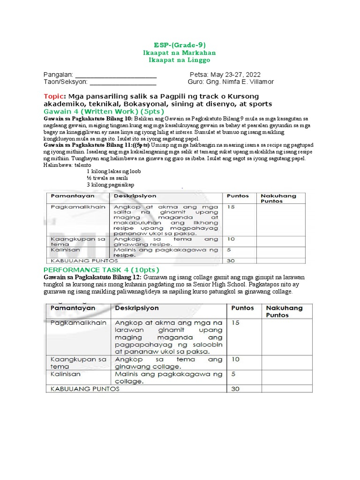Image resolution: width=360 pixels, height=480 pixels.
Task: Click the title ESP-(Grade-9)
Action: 180,45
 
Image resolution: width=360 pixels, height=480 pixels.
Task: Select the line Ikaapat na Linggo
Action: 180,60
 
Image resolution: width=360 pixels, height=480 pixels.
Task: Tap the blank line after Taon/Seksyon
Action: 123,82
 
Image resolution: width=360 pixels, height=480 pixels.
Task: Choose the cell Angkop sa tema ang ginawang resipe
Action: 166,241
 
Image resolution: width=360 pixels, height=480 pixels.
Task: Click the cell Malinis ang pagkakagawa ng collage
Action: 168,377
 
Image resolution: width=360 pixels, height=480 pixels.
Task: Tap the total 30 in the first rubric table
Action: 231,261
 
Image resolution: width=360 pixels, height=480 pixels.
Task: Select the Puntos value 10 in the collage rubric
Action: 235,359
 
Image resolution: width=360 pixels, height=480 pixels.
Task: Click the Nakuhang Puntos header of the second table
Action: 285,311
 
